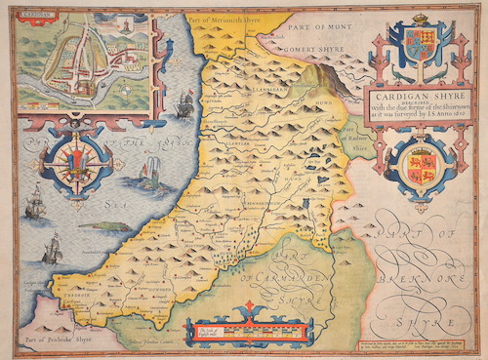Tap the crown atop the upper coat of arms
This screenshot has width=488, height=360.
[421, 20]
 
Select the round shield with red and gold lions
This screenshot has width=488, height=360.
[421, 163]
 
